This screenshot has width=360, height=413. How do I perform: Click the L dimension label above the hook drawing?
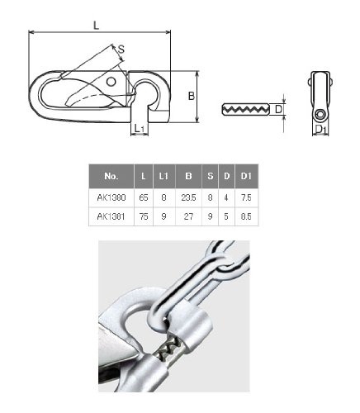click(x=96, y=26)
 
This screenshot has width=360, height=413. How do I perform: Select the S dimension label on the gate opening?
click(x=121, y=49)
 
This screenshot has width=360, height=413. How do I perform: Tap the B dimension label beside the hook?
click(x=192, y=96)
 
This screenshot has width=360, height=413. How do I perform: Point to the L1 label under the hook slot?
click(x=140, y=128)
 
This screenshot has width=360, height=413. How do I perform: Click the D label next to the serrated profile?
click(x=278, y=109)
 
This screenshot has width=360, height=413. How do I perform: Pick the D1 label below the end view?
click(x=320, y=129)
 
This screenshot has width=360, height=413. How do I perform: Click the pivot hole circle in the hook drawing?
click(x=111, y=82)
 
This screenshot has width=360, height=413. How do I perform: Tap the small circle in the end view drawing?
click(x=320, y=114)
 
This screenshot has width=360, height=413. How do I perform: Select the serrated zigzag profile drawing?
click(x=245, y=109)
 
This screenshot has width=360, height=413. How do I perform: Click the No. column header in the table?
click(x=111, y=176)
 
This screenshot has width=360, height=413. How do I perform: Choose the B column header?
click(x=188, y=176)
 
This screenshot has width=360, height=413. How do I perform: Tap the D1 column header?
click(x=246, y=176)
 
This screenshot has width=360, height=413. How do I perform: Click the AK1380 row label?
click(x=111, y=197)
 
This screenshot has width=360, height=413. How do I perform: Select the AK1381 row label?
click(x=111, y=216)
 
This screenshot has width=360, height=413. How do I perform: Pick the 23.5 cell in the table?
click(x=188, y=197)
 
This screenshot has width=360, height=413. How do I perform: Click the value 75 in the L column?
click(x=144, y=216)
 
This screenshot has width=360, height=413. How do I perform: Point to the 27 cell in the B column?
click(x=188, y=216)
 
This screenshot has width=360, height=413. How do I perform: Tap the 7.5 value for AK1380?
click(x=246, y=197)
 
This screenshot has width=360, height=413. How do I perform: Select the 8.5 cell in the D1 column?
click(x=246, y=216)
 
